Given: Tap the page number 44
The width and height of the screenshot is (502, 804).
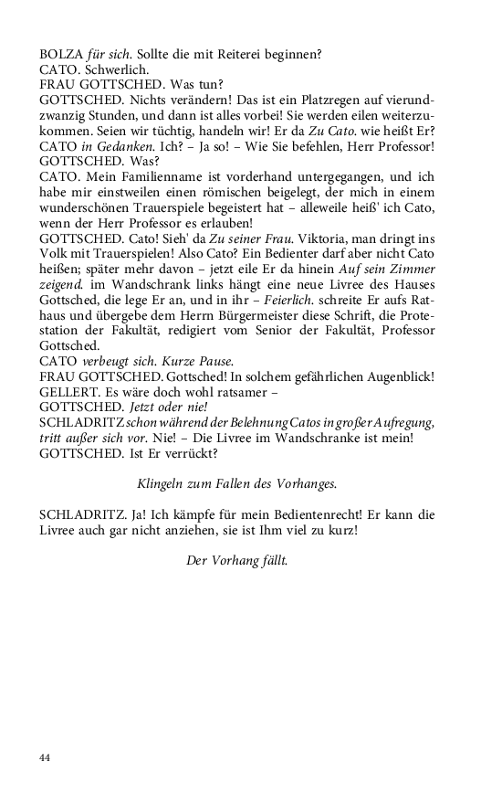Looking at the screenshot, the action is [47, 757].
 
